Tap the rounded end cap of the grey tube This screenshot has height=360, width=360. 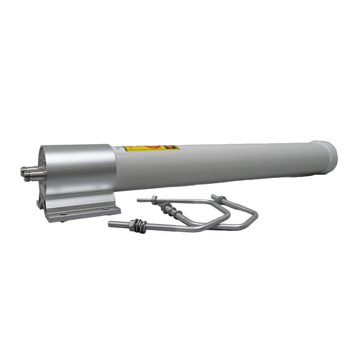point(329,153)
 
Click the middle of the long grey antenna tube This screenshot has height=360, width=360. point(223,162)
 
